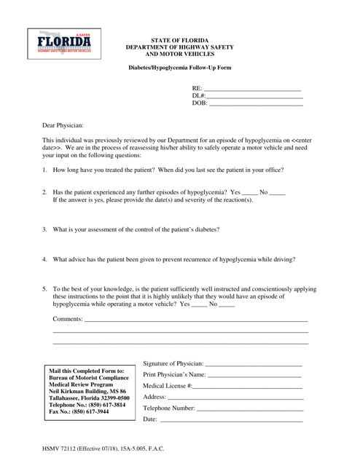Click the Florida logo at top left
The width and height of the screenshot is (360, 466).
coord(60,45)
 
